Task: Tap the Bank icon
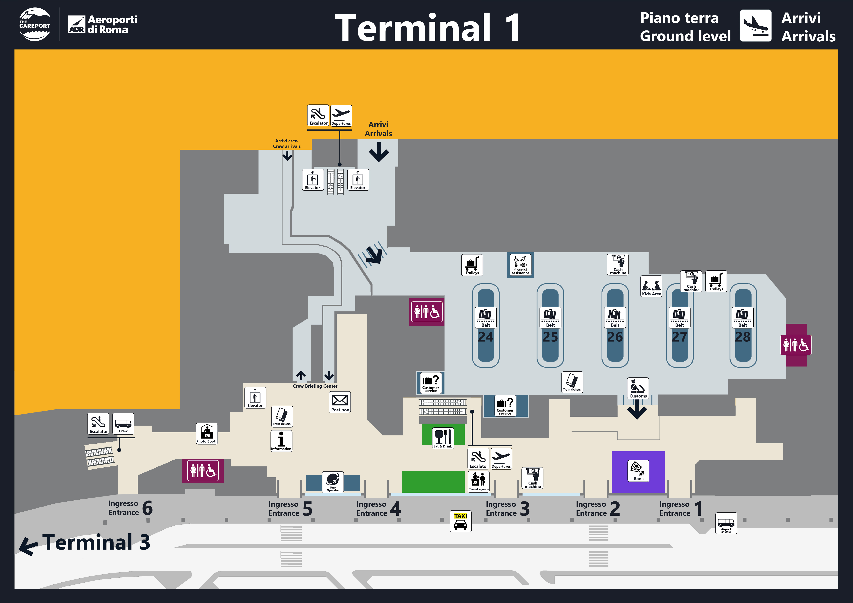[638, 471]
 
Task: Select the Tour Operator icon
[332, 482]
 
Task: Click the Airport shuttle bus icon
[726, 523]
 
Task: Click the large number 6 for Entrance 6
[148, 508]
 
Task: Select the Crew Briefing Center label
[315, 386]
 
